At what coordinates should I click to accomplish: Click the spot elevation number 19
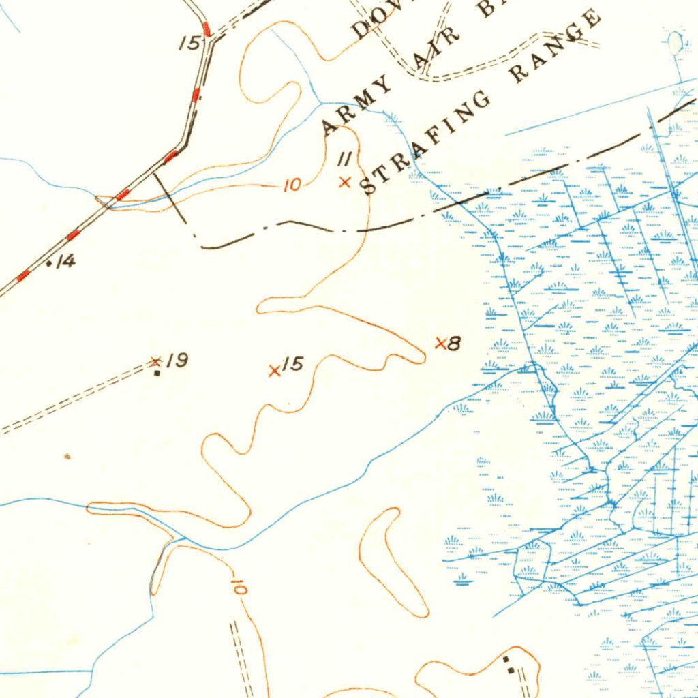[x=177, y=360]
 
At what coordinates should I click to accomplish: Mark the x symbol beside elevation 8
[x=440, y=343]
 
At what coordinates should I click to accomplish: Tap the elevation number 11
[x=344, y=159]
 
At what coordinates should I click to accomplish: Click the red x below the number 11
[x=345, y=182]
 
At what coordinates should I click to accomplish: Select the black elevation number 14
[x=66, y=260]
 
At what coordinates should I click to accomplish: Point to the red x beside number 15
[x=274, y=371]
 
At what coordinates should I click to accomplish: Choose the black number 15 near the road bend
[x=189, y=43]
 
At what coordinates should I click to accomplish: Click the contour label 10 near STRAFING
[x=292, y=185]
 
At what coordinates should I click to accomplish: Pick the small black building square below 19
[x=157, y=374]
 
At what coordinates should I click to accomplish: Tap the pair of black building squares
[x=509, y=665]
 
